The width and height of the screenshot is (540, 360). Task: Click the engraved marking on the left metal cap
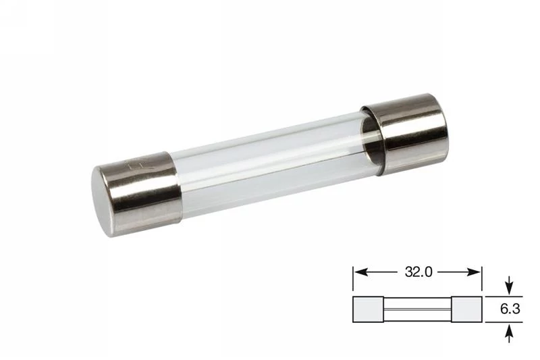coord(140,163)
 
